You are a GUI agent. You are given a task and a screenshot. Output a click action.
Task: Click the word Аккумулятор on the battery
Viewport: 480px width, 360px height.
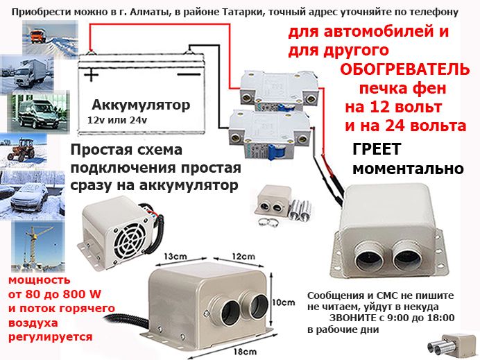[x=141, y=105]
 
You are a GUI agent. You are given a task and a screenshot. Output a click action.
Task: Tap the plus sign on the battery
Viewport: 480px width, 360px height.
[x=92, y=74]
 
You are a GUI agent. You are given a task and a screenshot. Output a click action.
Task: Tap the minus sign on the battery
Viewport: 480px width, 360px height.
[x=189, y=74]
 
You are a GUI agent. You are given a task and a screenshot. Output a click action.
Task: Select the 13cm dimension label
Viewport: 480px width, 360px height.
[x=175, y=256]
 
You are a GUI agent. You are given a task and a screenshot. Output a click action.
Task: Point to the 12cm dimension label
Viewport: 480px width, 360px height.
[x=243, y=256]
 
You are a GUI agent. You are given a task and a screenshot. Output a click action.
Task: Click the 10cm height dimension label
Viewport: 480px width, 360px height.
[x=284, y=302]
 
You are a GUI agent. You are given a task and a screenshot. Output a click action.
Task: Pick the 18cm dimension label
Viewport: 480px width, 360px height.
[x=246, y=352]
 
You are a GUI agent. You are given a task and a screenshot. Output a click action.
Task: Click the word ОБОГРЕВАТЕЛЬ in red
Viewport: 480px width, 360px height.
[x=404, y=70]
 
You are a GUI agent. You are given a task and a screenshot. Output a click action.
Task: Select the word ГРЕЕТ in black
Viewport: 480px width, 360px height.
[x=377, y=149]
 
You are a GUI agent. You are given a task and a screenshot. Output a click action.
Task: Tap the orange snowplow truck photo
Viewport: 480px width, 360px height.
[x=50, y=37]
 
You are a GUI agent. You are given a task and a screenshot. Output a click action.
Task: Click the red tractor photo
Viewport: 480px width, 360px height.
[x=24, y=150]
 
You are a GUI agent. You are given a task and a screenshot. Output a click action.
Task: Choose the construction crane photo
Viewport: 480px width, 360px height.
[x=38, y=246]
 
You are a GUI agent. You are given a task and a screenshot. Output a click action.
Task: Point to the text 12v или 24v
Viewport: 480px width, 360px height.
[x=117, y=120]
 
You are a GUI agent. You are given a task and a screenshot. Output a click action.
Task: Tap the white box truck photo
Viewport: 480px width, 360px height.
[x=27, y=74]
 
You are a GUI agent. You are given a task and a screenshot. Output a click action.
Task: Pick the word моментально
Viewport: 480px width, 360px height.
[x=408, y=169]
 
